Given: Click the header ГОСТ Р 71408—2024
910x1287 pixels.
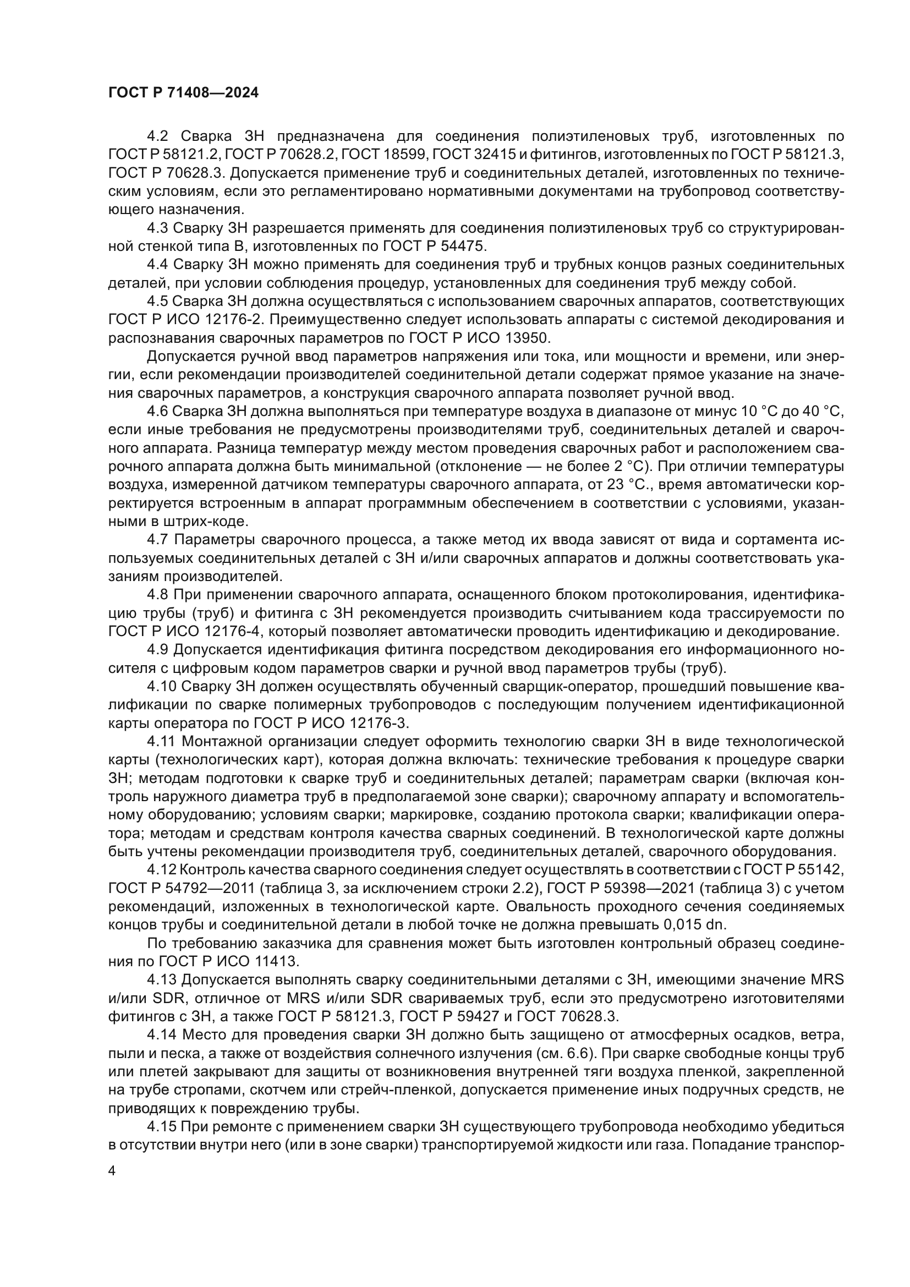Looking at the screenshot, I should tap(183, 93).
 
